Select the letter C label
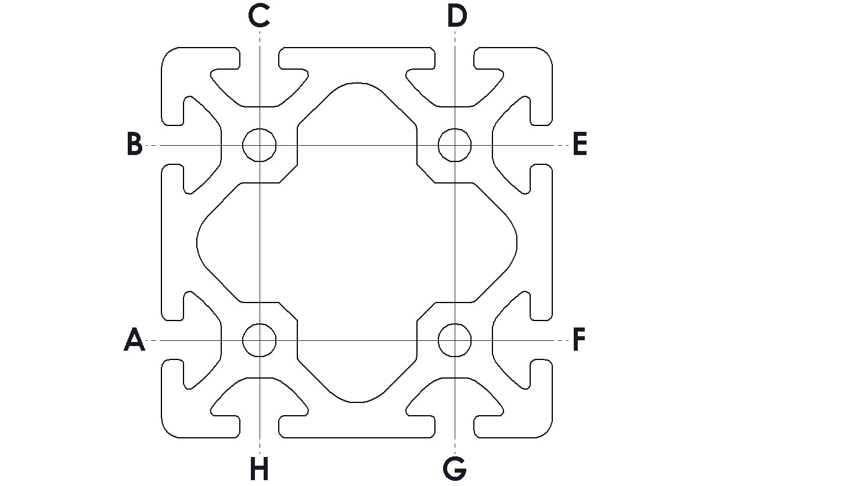coord(259,16)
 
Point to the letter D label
coord(456,16)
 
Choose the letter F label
coord(579,339)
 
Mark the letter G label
coord(455,469)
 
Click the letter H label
coord(260,469)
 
